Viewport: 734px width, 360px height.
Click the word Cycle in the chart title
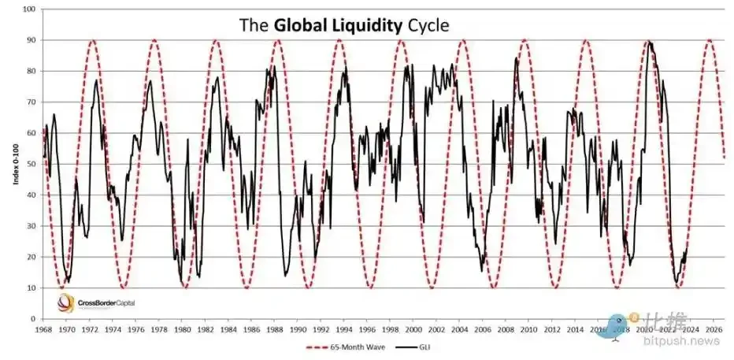coord(428,24)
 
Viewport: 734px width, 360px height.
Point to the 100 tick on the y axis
coord(29,9)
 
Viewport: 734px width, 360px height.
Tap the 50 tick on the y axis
coord(32,164)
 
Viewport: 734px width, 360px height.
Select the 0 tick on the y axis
coord(34,319)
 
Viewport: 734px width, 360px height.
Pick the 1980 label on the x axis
coord(182,329)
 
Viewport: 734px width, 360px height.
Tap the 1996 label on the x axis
coord(366,329)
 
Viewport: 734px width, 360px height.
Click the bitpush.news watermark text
coord(680,340)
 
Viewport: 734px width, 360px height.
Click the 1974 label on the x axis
coord(113,329)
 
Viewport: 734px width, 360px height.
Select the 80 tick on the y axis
coord(32,71)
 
